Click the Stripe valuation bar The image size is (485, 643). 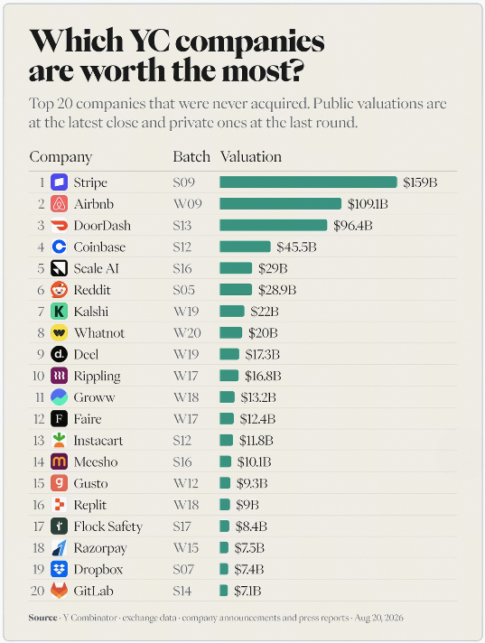click(308, 182)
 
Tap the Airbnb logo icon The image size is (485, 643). click(59, 204)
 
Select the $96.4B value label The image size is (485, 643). click(353, 226)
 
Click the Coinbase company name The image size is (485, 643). click(99, 247)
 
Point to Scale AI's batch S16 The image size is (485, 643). click(182, 268)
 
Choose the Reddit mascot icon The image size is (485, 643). click(59, 290)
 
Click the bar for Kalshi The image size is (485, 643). click(232, 312)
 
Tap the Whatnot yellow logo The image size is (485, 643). click(59, 333)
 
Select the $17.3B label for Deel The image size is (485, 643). click(263, 354)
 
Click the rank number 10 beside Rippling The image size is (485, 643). click(39, 376)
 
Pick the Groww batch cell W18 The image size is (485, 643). click(186, 397)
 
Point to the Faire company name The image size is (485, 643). click(88, 419)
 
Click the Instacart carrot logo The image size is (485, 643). click(59, 441)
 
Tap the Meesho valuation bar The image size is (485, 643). click(226, 461)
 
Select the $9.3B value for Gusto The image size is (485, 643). click(252, 483)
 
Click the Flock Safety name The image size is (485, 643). click(108, 527)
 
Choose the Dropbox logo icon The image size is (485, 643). click(59, 569)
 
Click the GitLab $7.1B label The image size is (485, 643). click(247, 591)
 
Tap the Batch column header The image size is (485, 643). click(191, 156)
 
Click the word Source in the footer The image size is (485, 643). click(43, 618)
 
